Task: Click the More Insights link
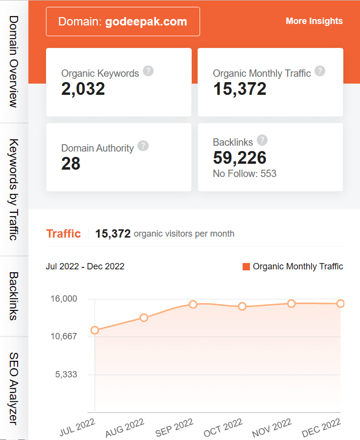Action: coord(314,21)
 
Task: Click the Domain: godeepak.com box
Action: coord(123,22)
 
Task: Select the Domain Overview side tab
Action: coord(14,62)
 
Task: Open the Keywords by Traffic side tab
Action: coord(14,190)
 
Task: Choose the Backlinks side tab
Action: coord(14,296)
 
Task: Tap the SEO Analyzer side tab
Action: coord(14,388)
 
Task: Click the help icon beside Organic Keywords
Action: coord(148,71)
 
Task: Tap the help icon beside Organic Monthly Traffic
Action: coord(320,71)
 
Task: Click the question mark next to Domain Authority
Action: coord(143,146)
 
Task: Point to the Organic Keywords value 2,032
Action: coord(83,88)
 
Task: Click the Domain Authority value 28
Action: coord(71,164)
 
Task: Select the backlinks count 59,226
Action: coord(240,157)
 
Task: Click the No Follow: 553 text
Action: coord(245,174)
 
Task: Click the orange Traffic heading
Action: coord(64,234)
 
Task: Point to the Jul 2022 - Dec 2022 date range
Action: coord(85,266)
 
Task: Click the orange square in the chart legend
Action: coord(246,266)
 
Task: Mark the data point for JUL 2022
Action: coord(95,330)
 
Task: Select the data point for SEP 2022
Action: coord(193,304)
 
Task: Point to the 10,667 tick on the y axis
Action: coord(64,337)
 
